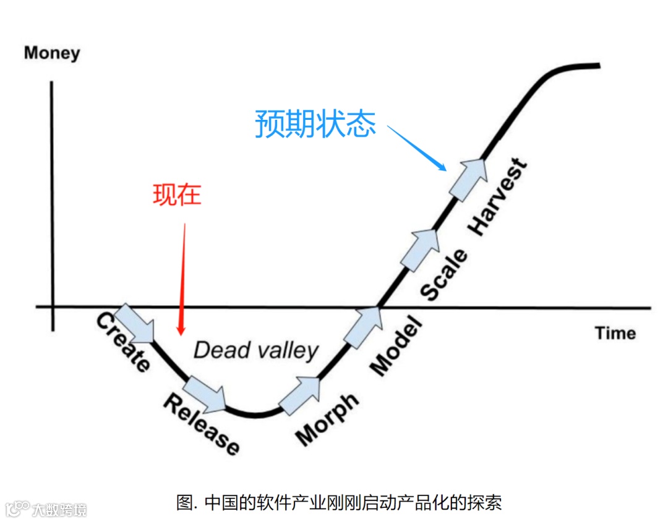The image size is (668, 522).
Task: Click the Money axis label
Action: coord(52,53)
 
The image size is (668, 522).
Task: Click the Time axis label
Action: coord(615,333)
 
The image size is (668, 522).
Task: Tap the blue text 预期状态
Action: coord(315,124)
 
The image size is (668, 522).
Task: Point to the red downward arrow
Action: coord(182,278)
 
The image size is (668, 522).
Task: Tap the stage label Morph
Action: coord(327,418)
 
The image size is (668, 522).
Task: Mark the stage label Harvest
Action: coord(498,197)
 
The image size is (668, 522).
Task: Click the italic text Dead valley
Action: coord(255,350)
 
